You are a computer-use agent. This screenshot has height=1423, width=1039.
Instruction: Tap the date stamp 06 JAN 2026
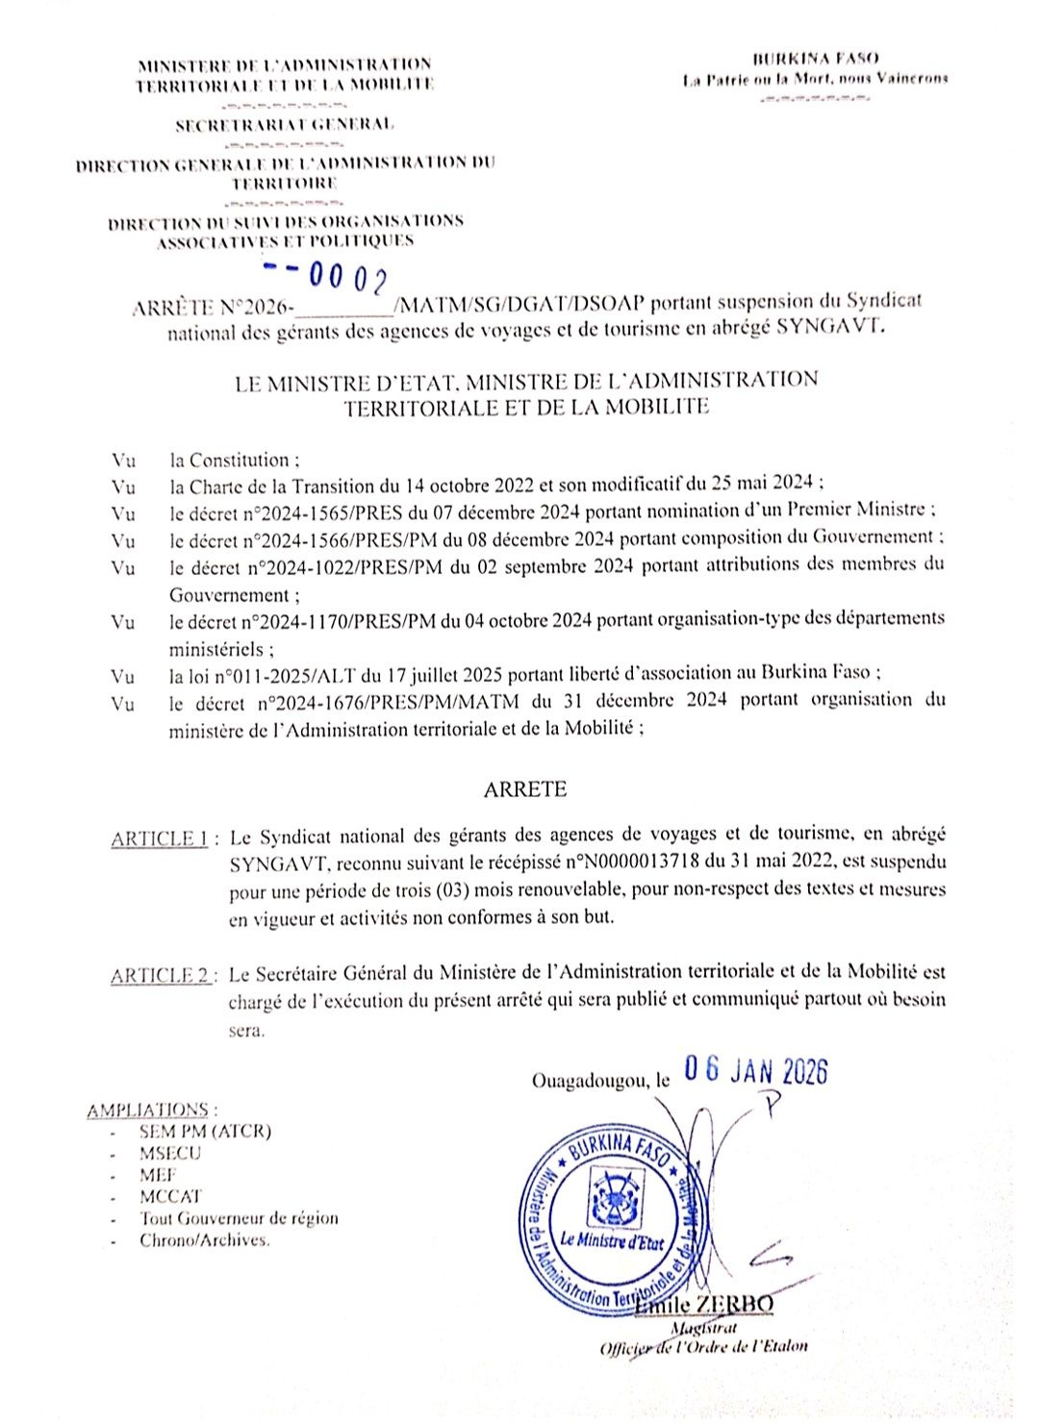point(755,1071)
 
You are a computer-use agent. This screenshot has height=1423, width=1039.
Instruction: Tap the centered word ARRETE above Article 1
point(525,789)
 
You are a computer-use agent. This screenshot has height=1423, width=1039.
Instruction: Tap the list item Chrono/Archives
point(205,1240)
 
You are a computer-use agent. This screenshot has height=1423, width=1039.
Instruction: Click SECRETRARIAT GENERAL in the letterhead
point(285,125)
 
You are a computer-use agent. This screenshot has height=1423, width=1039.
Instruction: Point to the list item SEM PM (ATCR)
point(205,1132)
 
